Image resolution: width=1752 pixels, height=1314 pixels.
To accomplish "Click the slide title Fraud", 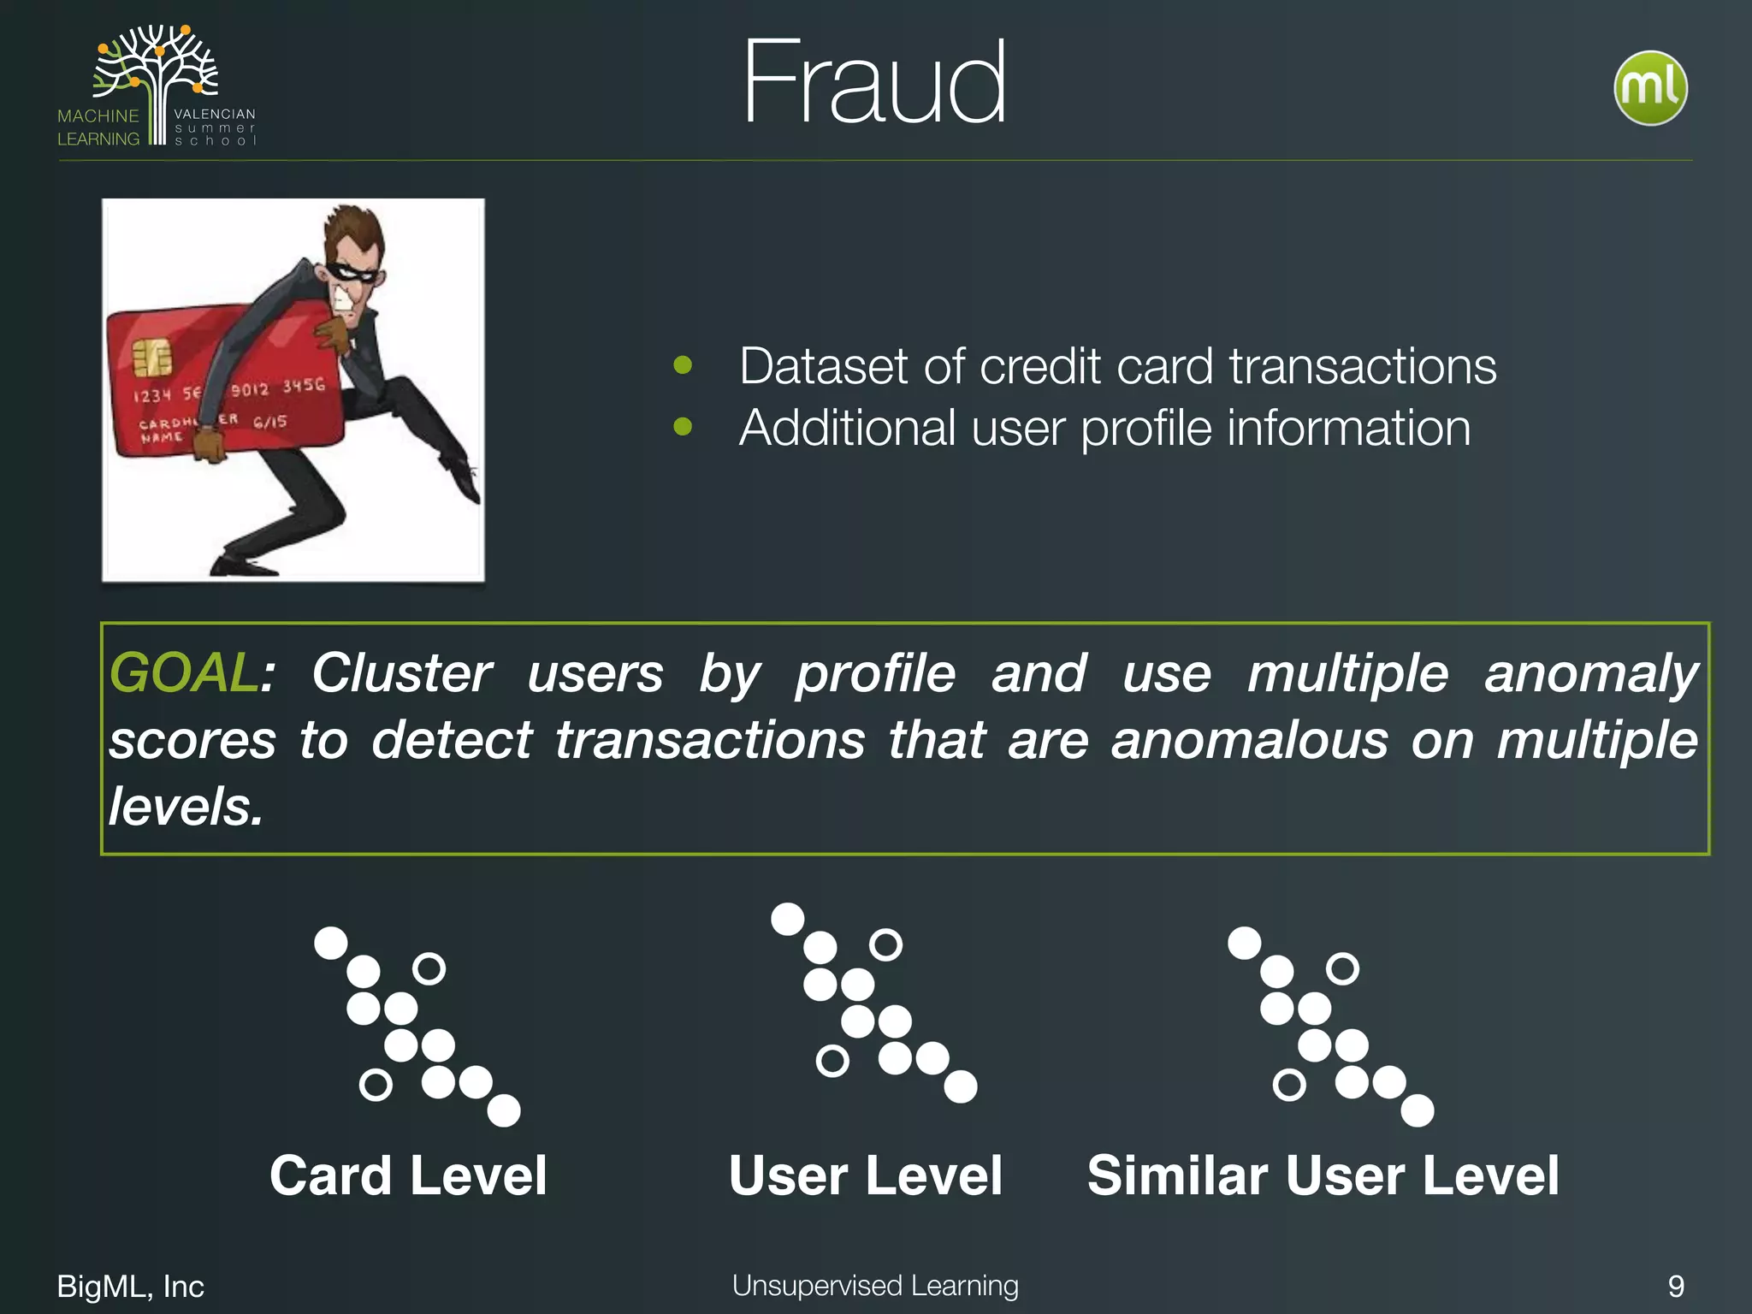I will [x=873, y=84].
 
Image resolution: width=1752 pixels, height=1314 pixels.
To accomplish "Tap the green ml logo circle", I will [x=1650, y=88].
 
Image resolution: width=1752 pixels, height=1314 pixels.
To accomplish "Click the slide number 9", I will [x=1676, y=1286].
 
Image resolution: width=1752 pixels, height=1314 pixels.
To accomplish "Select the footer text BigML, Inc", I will [x=130, y=1286].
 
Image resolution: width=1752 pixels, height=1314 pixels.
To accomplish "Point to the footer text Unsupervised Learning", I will [x=875, y=1285].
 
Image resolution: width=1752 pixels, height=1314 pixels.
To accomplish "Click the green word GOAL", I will [x=182, y=672].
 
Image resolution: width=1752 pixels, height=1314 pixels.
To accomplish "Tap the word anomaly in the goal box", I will [x=1590, y=672].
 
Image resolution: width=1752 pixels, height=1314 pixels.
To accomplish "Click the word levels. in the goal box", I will [x=186, y=806].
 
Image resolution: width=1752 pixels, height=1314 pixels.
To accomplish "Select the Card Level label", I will [x=408, y=1175].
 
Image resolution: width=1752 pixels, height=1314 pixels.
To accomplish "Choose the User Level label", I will [x=865, y=1175].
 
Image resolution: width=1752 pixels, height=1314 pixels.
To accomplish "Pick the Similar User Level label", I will [x=1323, y=1175].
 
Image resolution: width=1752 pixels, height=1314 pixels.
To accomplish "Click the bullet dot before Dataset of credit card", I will [x=683, y=365].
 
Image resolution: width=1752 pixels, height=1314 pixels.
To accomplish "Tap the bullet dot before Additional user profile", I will [x=683, y=426].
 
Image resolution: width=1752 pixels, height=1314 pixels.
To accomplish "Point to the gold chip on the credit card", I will [x=151, y=357].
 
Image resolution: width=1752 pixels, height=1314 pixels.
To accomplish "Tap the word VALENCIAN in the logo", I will [x=215, y=114].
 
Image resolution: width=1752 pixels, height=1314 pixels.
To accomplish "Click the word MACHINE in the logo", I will [x=98, y=115].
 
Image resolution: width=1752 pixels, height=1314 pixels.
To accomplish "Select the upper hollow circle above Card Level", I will [x=429, y=968].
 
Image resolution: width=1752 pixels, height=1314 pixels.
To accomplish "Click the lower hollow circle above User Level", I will [x=832, y=1061].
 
